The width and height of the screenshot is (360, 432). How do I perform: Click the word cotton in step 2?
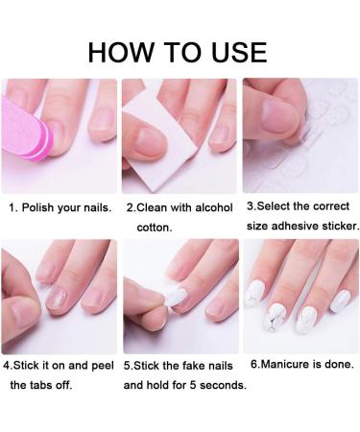(156, 228)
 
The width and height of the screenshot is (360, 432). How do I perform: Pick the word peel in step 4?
(102, 366)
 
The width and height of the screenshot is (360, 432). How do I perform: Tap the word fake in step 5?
(188, 366)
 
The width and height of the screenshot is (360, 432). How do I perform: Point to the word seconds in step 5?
(222, 386)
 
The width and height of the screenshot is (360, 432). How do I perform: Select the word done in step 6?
(336, 365)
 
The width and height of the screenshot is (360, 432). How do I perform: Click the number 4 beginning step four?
(7, 366)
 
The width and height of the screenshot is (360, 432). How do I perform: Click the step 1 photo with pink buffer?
(58, 135)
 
